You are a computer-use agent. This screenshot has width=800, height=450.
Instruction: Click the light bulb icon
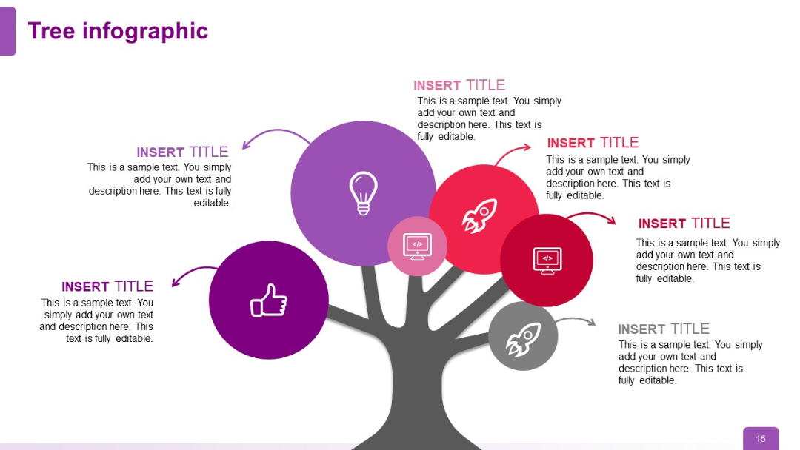363,192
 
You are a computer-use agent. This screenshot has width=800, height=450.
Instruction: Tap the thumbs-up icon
268,300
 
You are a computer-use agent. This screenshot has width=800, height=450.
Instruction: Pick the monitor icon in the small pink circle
417,245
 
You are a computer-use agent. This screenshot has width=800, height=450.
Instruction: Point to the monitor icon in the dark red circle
547,260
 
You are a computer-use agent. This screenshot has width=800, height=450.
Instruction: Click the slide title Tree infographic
118,31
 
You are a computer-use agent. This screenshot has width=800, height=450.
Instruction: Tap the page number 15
761,439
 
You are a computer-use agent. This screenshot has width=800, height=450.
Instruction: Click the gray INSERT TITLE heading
663,329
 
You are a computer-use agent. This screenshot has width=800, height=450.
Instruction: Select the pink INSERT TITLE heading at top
459,86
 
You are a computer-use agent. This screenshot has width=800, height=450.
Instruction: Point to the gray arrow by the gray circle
576,320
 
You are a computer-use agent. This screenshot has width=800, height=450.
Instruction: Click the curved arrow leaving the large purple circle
274,135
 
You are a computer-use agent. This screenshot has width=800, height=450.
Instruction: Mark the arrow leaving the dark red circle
593,216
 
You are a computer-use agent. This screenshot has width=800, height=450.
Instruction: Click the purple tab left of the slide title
7,31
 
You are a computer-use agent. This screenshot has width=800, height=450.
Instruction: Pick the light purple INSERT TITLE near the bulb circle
182,152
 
